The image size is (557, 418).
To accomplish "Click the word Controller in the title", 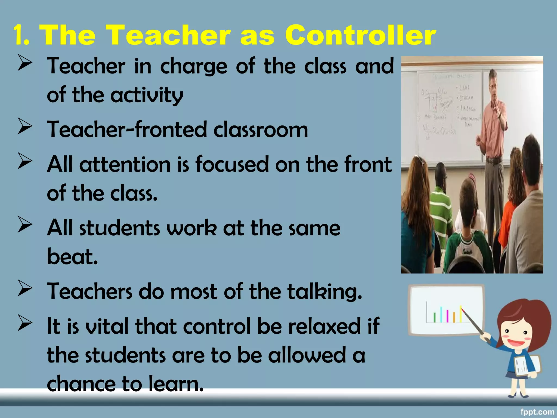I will [360, 35].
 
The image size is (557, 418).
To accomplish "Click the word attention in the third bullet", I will [125, 164].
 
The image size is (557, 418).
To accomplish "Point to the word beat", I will [72, 256].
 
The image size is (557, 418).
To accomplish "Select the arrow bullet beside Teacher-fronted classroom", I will [25, 127].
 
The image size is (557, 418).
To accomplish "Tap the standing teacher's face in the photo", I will [493, 87].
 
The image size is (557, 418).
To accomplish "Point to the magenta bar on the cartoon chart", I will [447, 315].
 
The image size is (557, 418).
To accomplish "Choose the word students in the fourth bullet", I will [120, 228].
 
